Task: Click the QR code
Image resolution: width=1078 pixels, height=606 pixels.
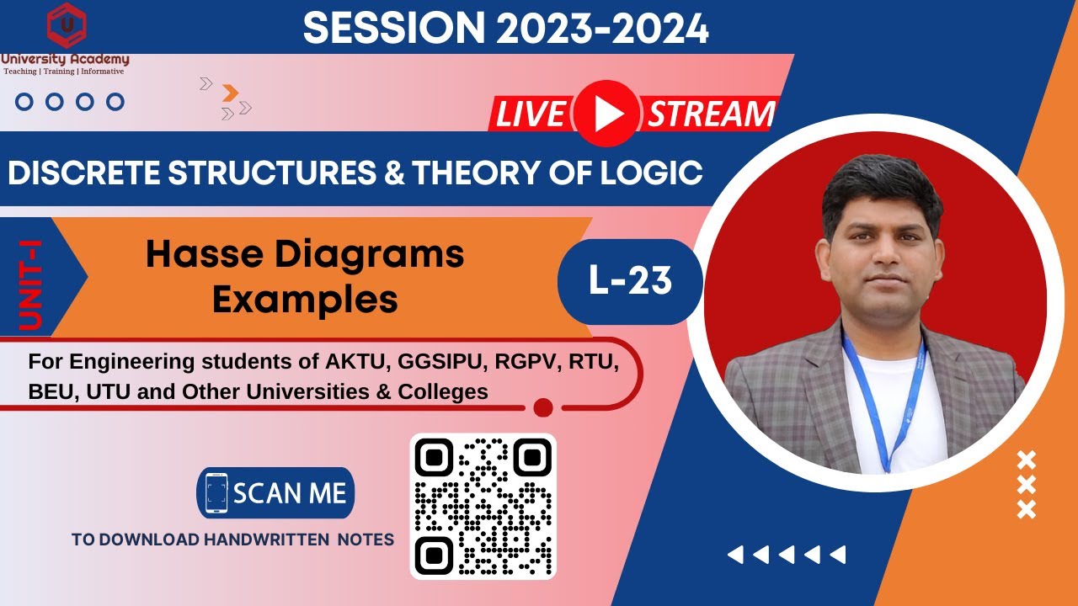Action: click(x=483, y=506)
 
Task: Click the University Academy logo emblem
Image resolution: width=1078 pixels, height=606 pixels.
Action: click(x=65, y=25)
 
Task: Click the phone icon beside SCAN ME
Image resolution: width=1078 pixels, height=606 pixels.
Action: click(x=216, y=493)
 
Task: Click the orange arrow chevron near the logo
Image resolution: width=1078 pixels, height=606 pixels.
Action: click(x=229, y=93)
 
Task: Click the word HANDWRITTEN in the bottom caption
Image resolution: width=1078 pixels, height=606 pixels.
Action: click(x=267, y=540)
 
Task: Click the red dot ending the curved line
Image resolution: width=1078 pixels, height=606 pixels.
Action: click(x=543, y=407)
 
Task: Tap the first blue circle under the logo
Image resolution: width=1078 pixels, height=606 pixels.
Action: click(x=24, y=102)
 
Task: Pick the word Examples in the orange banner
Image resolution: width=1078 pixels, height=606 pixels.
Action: click(x=305, y=299)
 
